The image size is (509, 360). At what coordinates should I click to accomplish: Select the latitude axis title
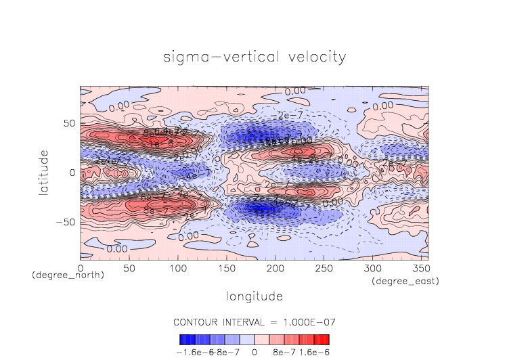click(43, 173)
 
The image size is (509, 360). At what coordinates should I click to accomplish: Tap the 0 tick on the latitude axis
click(72, 173)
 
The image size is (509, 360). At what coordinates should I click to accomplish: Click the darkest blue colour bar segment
click(183, 339)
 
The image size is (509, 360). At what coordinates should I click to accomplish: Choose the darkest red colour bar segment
click(326, 339)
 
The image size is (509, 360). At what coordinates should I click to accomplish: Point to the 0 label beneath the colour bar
click(255, 352)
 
